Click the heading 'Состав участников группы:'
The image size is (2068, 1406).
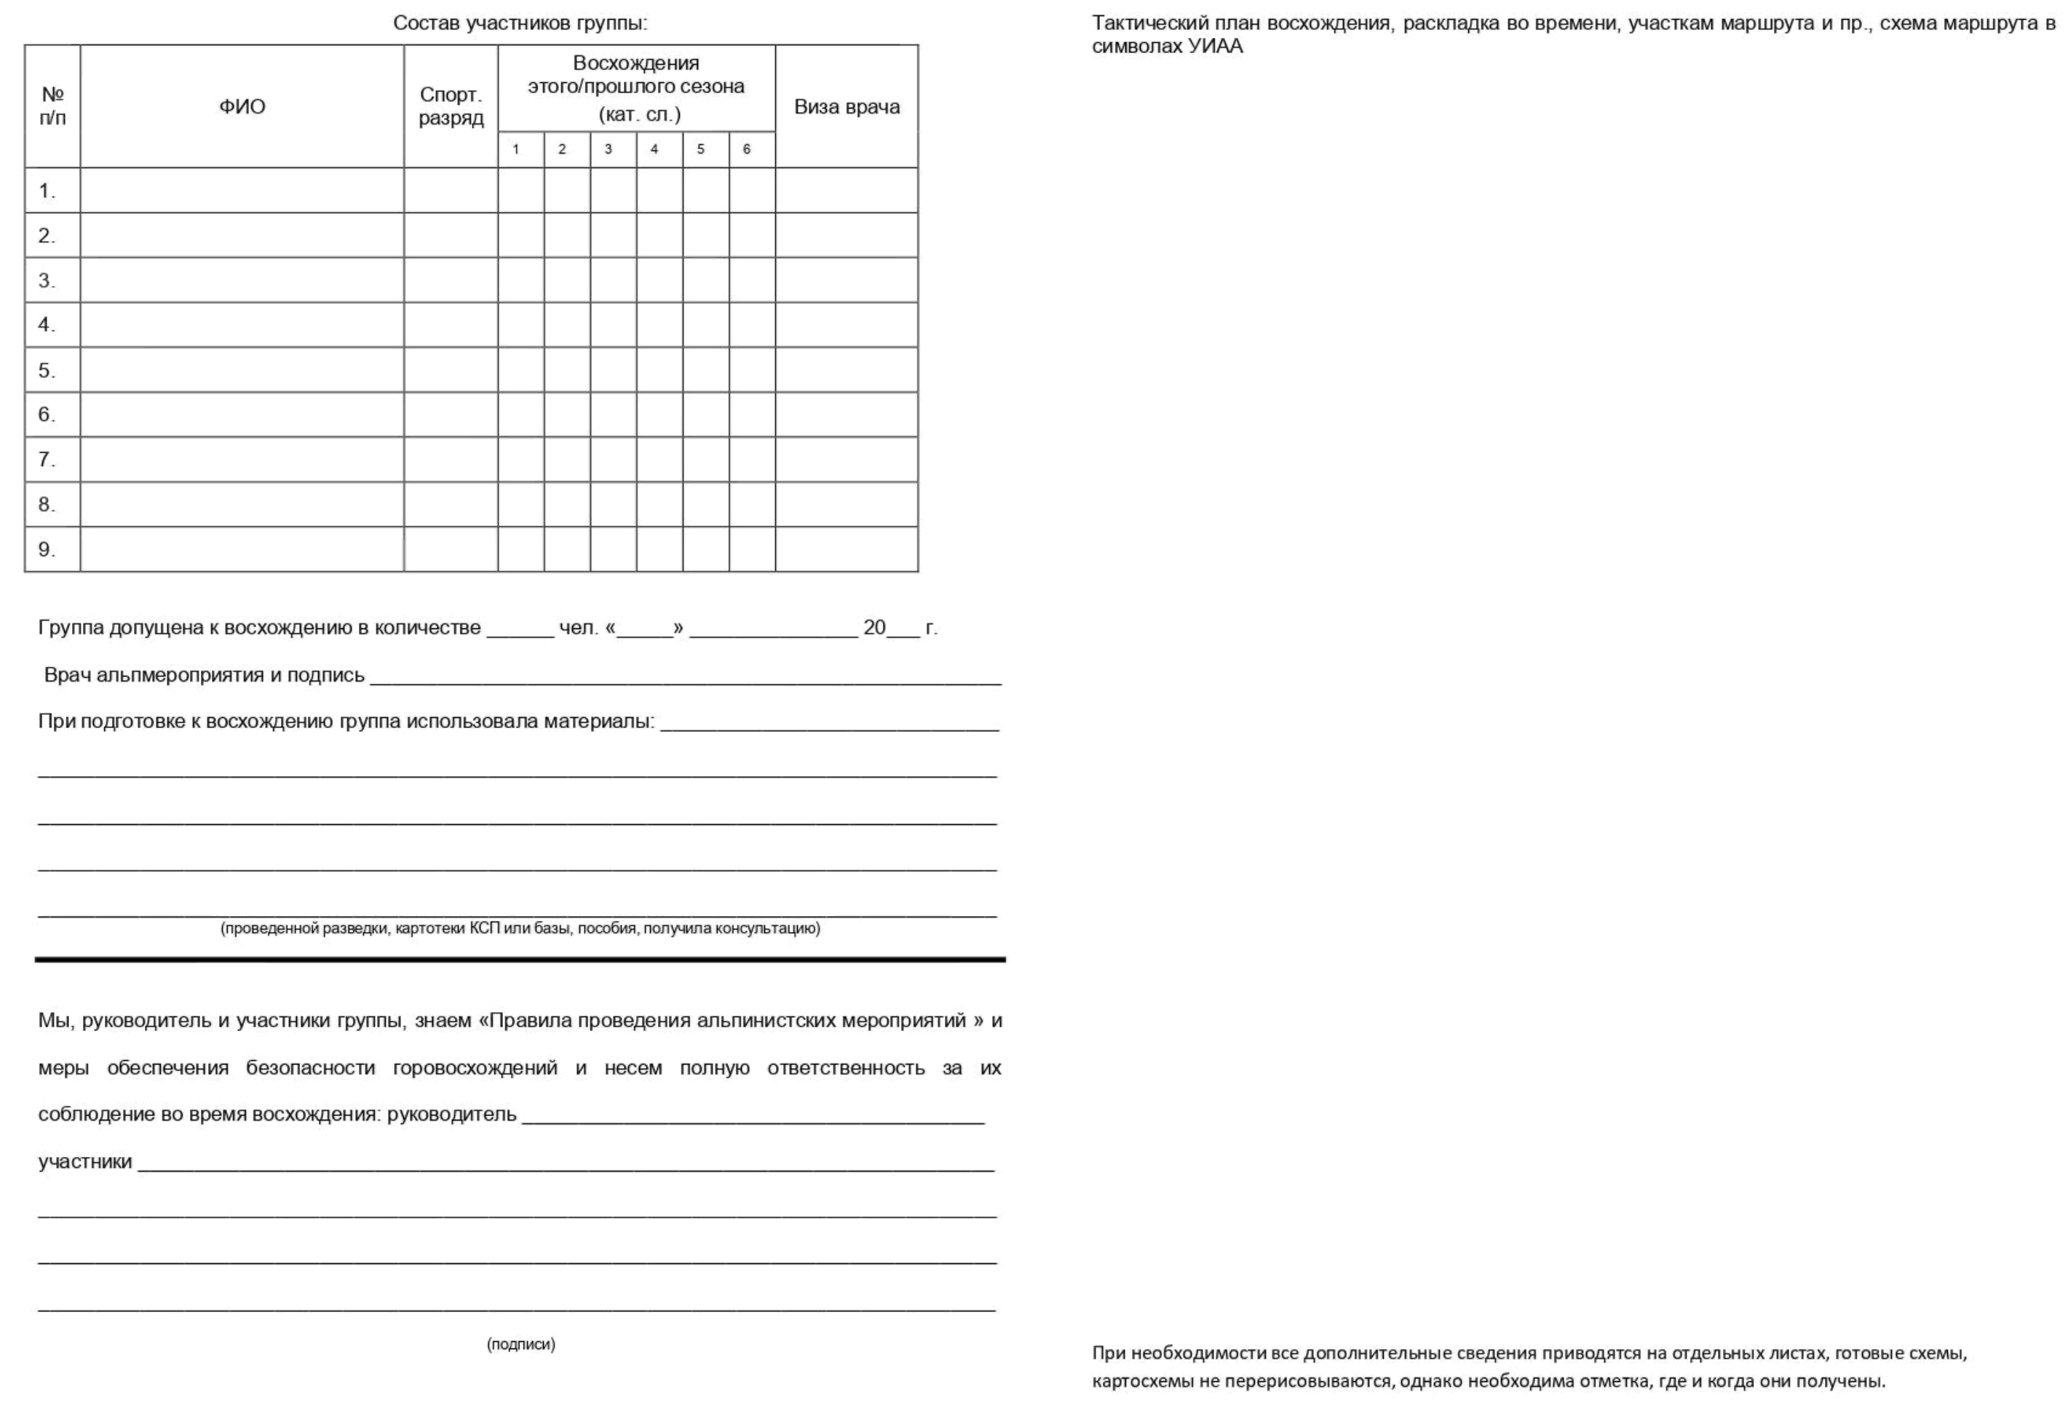pos(520,23)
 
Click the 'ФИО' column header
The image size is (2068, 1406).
pos(242,107)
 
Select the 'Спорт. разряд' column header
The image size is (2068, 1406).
pos(451,107)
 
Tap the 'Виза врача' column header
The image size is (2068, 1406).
pos(847,107)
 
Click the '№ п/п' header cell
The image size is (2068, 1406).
pos(52,107)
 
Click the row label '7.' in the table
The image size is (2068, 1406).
pos(47,459)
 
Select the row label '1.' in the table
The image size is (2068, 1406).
pos(47,191)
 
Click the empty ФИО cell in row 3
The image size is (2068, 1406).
pos(242,280)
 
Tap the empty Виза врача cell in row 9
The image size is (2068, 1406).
pos(847,549)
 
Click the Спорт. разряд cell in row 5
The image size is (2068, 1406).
pos(451,369)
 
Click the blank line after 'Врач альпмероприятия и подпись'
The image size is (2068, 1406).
pos(685,677)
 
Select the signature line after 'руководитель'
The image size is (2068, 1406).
pos(753,1117)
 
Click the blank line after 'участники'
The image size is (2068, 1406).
pos(565,1164)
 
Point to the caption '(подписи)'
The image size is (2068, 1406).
pos(520,1343)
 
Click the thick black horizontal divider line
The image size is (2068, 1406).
pos(520,959)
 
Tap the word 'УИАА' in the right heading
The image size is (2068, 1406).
pos(1215,47)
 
